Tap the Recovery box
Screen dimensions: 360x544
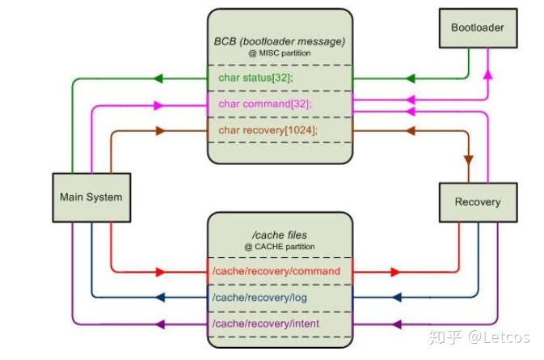click(x=476, y=201)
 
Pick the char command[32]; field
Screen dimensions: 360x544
click(x=265, y=104)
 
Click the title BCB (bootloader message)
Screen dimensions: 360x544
click(x=280, y=41)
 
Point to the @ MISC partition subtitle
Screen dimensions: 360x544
click(x=280, y=53)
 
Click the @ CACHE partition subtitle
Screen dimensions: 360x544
click(x=280, y=246)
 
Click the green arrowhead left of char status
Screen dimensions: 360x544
click(x=158, y=78)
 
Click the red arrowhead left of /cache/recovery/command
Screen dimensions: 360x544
click(x=159, y=271)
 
